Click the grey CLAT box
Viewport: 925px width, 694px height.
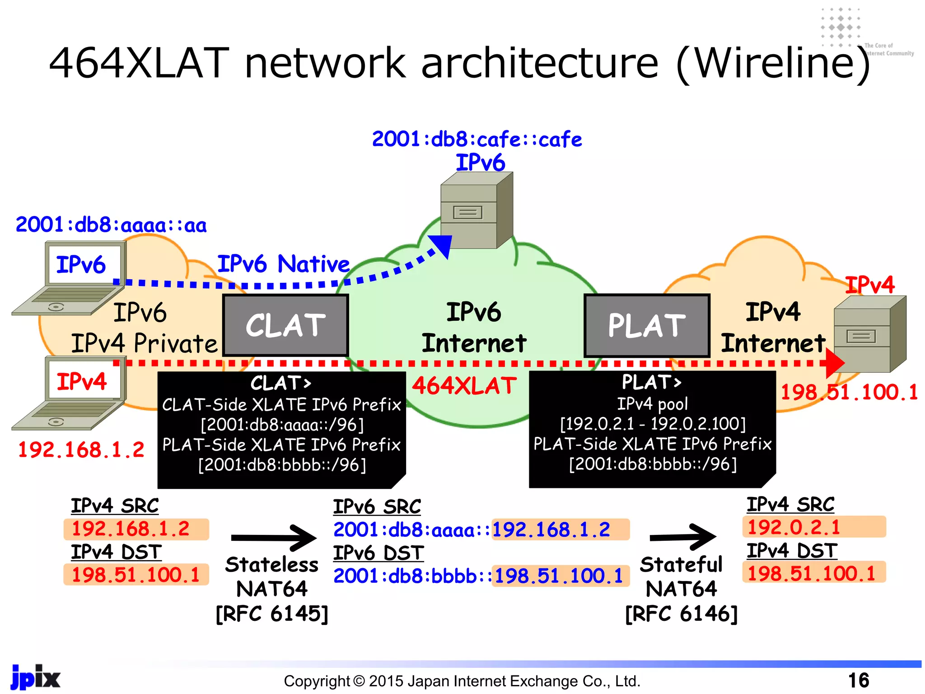pyautogui.click(x=285, y=325)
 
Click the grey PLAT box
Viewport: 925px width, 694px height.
pyautogui.click(x=647, y=325)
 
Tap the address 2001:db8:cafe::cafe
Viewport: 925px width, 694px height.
pyautogui.click(x=477, y=139)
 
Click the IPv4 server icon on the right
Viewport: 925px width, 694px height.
pyautogui.click(x=869, y=334)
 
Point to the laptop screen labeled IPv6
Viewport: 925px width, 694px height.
pyautogui.click(x=84, y=264)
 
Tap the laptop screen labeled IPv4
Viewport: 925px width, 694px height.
pyautogui.click(x=84, y=381)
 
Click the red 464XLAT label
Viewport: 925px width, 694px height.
pyautogui.click(x=464, y=386)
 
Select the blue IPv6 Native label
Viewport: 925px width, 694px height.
pyautogui.click(x=283, y=264)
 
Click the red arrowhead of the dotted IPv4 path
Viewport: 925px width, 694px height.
pyautogui.click(x=835, y=363)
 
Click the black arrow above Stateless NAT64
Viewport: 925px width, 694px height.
pyautogui.click(x=274, y=538)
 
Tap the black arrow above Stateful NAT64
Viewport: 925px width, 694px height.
pyautogui.click(x=683, y=537)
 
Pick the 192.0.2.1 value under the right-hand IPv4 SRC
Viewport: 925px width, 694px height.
pyautogui.click(x=794, y=527)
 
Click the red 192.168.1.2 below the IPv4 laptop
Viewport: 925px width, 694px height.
pyautogui.click(x=81, y=450)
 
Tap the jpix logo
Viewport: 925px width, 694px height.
pyautogui.click(x=35, y=677)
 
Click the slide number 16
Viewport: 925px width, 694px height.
pyautogui.click(x=858, y=680)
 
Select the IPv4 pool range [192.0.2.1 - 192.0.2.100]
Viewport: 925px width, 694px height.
pyautogui.click(x=653, y=424)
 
